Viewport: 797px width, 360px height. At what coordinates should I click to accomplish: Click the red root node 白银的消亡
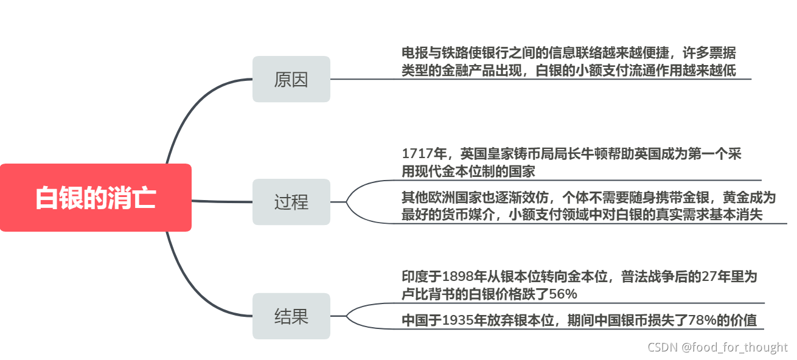pyautogui.click(x=96, y=198)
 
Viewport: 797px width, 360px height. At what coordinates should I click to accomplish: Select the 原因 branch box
pyautogui.click(x=291, y=79)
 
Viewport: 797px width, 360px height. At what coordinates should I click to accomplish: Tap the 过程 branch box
pyautogui.click(x=291, y=202)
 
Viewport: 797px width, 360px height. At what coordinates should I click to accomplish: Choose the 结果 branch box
pyautogui.click(x=291, y=316)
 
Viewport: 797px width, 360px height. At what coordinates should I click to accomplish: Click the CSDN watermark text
pyautogui.click(x=717, y=347)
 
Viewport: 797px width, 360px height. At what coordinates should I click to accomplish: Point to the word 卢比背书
pyautogui.click(x=426, y=294)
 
